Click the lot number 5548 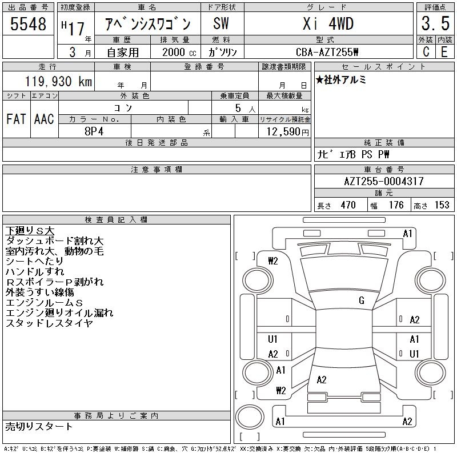click(28, 24)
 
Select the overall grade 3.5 click(435, 23)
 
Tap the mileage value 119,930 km click(58, 81)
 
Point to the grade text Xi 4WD click(328, 23)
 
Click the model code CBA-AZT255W click(327, 52)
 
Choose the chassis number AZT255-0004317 click(384, 181)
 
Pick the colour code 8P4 click(94, 131)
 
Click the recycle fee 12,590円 click(288, 132)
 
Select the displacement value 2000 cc click(179, 52)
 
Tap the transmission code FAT click(16, 119)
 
